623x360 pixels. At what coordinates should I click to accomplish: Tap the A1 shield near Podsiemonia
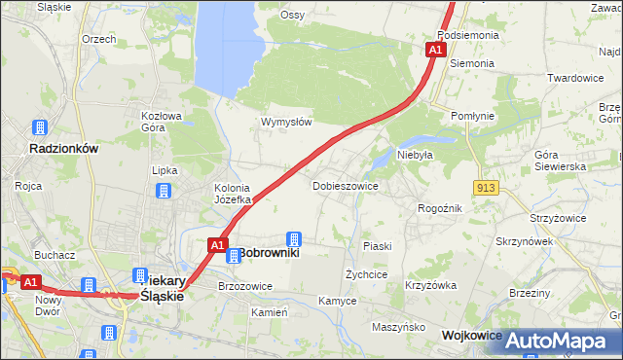click(436, 50)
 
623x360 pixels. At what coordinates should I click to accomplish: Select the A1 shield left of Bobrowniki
click(218, 245)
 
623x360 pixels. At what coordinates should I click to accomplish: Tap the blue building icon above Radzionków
click(40, 127)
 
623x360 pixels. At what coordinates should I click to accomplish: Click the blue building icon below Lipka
click(165, 191)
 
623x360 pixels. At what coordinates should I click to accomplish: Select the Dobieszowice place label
click(345, 185)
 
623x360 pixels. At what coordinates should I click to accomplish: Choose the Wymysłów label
click(285, 122)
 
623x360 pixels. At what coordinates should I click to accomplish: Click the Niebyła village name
click(415, 155)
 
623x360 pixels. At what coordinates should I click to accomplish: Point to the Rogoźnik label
click(439, 208)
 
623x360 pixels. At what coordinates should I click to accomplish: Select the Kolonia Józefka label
click(233, 194)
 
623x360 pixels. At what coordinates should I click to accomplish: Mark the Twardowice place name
click(575, 78)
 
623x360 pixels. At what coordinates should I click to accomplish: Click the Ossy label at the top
click(292, 15)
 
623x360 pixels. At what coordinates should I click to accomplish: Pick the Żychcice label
click(367, 274)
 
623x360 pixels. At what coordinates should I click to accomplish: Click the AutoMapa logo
click(557, 341)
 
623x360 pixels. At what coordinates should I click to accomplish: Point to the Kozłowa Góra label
click(162, 121)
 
